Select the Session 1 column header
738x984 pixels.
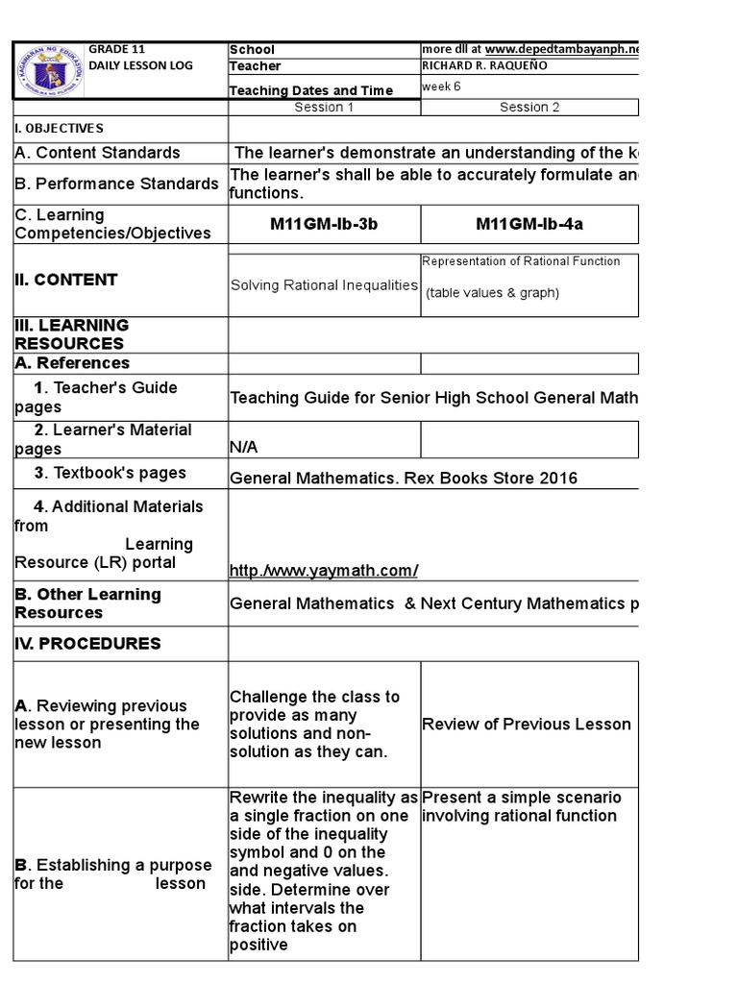tap(324, 107)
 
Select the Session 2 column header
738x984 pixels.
tap(529, 107)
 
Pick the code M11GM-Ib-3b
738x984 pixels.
tap(324, 224)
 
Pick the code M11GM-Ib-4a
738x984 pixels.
tap(529, 224)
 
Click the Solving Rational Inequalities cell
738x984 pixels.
tap(324, 284)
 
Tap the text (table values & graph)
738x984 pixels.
tap(492, 293)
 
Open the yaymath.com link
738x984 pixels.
tap(324, 571)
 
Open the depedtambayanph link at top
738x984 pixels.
tap(561, 49)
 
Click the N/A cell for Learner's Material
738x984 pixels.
tap(244, 448)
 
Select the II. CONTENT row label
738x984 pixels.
tap(66, 280)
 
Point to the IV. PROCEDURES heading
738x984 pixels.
tap(87, 643)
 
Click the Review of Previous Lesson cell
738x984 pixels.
tap(527, 724)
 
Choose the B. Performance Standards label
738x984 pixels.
tap(116, 184)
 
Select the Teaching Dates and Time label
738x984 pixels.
tap(311, 90)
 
